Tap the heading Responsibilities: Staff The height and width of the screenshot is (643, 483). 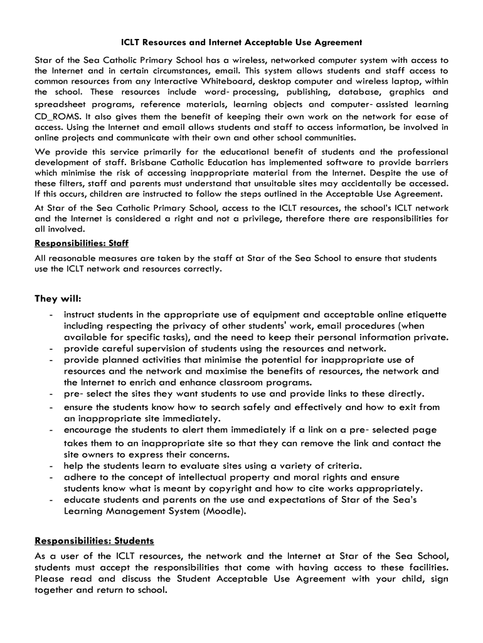[x=82, y=243]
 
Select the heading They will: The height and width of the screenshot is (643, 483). [x=58, y=298]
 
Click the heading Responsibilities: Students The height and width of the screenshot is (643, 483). [x=94, y=541]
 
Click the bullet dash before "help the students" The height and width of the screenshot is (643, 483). [x=49, y=466]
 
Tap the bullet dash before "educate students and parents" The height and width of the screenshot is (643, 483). [x=49, y=500]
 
